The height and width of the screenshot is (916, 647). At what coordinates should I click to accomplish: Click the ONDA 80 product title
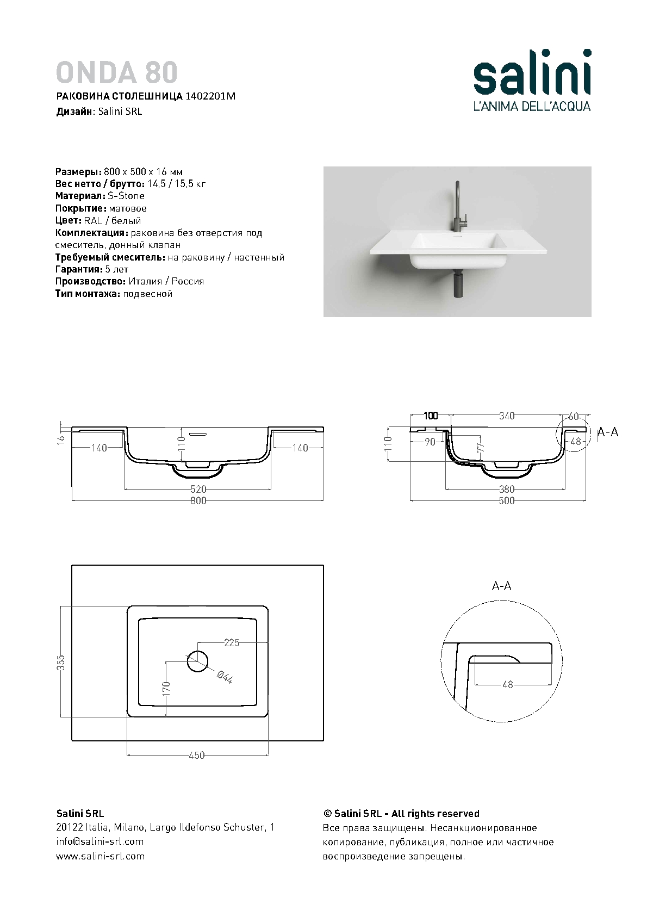point(116,72)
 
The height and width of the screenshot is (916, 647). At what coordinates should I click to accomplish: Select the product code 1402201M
point(210,96)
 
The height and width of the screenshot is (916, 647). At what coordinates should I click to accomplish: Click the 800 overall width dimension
point(198,501)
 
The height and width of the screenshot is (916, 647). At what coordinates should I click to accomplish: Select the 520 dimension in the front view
point(198,489)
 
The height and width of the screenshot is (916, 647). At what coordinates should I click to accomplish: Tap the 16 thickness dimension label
point(61,439)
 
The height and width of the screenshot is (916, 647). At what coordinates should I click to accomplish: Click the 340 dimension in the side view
point(506,416)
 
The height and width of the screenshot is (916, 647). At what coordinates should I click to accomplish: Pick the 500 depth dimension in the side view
point(506,501)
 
